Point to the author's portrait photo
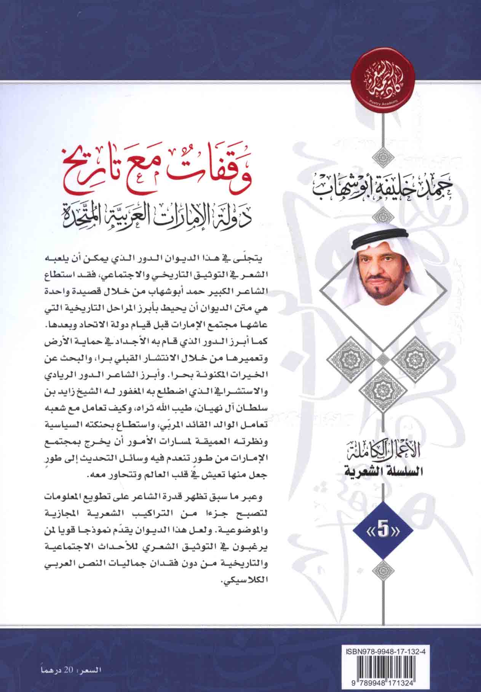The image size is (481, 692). click(383, 287)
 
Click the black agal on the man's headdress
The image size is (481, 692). click(383, 246)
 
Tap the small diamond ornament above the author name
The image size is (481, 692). click(383, 155)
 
